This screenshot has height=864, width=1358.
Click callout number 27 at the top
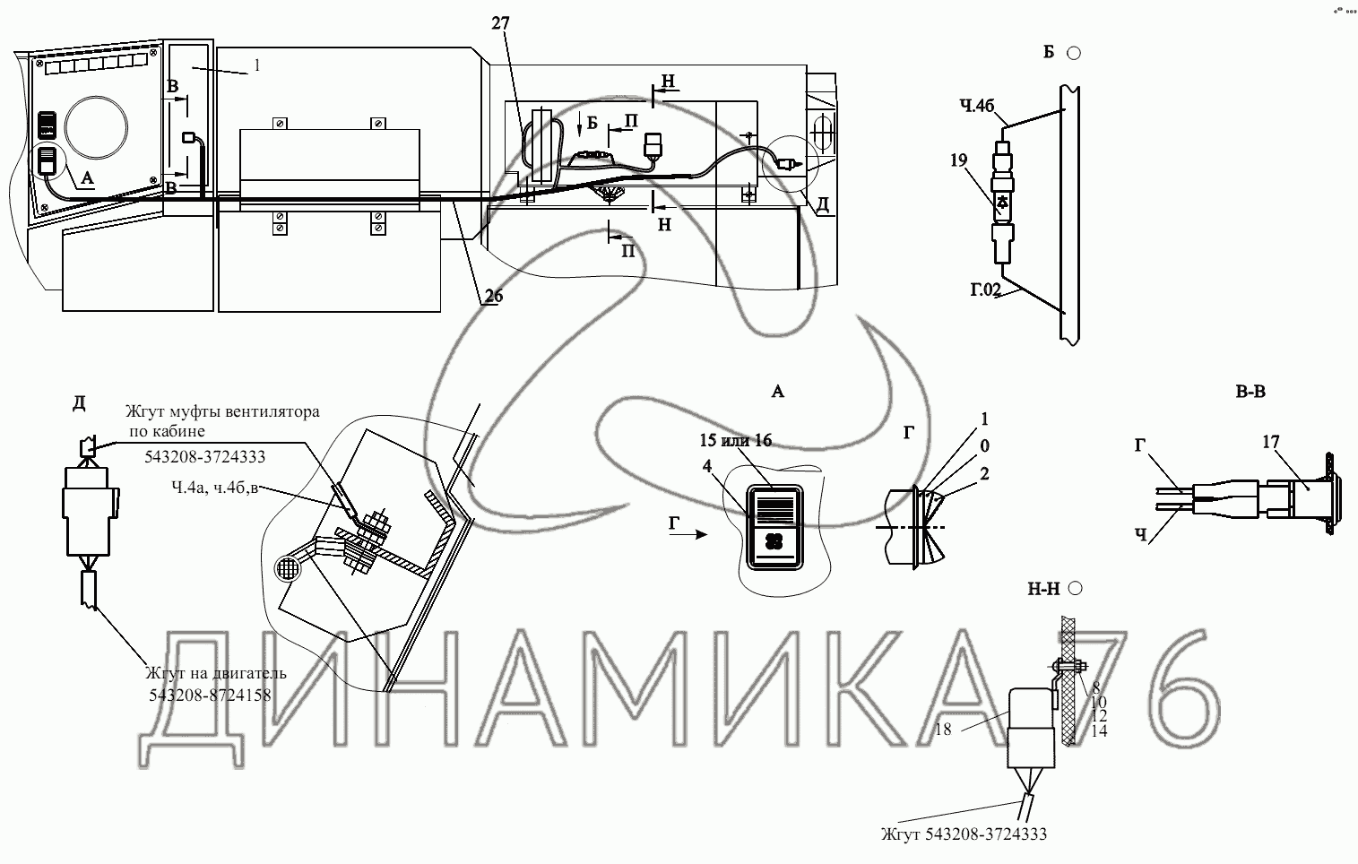point(500,24)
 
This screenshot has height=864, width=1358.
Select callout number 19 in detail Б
point(958,161)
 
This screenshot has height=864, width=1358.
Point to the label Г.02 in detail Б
point(985,289)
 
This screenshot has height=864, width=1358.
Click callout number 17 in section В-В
point(1270,442)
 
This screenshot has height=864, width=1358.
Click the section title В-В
point(1250,392)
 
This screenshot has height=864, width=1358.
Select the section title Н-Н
point(1045,589)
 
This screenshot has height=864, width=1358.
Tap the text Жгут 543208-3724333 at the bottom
point(963,834)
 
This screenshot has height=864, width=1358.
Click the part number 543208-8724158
point(210,694)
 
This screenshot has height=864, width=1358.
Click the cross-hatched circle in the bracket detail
point(290,568)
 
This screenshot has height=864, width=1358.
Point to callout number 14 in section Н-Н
point(1099,730)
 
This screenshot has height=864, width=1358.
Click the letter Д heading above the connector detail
point(79,403)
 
